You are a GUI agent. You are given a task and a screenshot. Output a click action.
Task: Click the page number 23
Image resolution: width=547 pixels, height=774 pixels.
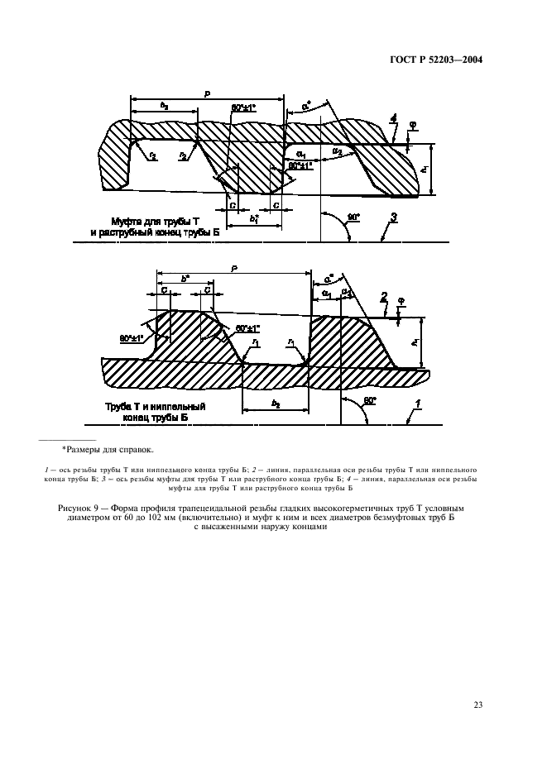[477, 705]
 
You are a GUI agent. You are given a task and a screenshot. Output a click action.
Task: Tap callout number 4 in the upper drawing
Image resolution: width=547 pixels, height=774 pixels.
[396, 119]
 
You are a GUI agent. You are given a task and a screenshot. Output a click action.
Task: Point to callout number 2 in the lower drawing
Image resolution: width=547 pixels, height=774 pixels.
[383, 295]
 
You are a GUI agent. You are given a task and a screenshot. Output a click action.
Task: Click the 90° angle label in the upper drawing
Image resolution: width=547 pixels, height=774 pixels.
[354, 217]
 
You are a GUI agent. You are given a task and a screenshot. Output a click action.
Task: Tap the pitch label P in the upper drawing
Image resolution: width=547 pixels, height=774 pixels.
[207, 95]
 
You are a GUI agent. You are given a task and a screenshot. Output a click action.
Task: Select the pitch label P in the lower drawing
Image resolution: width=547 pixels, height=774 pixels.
[234, 268]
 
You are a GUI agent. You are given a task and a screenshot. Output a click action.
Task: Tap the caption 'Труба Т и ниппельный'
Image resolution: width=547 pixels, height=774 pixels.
[155, 407]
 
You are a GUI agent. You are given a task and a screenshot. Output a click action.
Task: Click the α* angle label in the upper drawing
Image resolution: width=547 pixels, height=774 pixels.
[307, 106]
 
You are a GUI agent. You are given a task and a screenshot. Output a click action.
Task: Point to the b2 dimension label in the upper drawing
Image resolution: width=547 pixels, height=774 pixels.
[163, 105]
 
